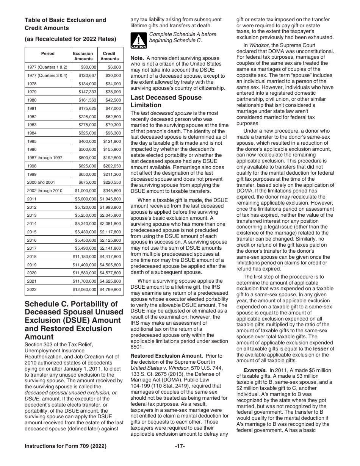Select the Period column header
pyautogui.click(x=48, y=54)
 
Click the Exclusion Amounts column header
pyautogui.click(x=83, y=56)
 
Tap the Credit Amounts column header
pyautogui.click(x=110, y=56)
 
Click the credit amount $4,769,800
pyautogui.click(x=110, y=290)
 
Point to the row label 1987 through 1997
pyautogui.click(x=45, y=158)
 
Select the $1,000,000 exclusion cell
pyautogui.click(x=86, y=191)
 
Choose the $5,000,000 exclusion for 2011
pyautogui.click(x=86, y=199)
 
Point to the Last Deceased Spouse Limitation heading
pyautogui.click(x=166, y=101)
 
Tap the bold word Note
pyautogui.click(x=137, y=58)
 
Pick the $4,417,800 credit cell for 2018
pyautogui.click(x=110, y=256)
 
